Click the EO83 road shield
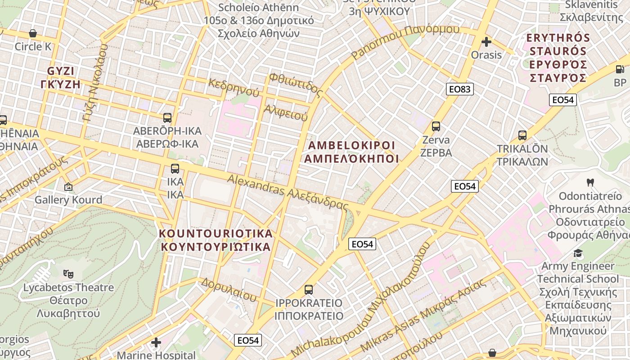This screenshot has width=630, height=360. pos(460,89)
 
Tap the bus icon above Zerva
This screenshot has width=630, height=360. pos(436,126)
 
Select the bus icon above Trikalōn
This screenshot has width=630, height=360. pos(522,135)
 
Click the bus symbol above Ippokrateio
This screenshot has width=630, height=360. pos(308,289)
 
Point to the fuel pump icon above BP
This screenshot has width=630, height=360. pos(620,69)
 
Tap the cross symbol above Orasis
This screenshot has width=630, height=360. pos(486,42)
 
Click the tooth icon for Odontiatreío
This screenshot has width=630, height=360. pos(590,183)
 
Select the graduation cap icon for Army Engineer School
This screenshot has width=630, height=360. pos(578,253)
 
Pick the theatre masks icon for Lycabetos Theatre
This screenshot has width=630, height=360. pos(68,273)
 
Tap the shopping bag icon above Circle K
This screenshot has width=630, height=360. pos(33,33)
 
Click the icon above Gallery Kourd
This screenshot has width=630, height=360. pos(68,186)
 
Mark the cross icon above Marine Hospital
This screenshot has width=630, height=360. pos(156,342)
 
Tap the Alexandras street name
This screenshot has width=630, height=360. pos(288,192)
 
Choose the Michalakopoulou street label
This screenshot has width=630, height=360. pos(360,299)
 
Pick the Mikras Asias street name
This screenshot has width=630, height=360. pos(423,315)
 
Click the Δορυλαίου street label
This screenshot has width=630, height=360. pos(229,289)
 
